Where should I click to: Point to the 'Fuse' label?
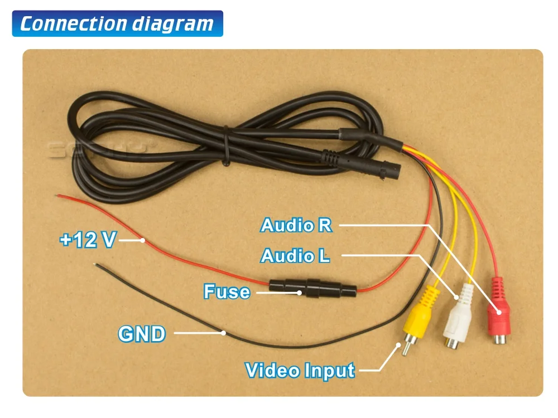pos(227,291)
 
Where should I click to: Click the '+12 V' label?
pos(88,240)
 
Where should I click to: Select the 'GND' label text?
pos(142,334)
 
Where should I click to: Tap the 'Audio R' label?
pos(296,225)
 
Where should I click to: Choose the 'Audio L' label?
pos(295,256)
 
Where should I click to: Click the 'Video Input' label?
pos(300,370)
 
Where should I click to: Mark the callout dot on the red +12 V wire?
pos(143,241)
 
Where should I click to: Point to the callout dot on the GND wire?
pos(223,333)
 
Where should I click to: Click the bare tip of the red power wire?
pos(57,195)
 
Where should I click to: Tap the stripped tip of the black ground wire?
pos(97,265)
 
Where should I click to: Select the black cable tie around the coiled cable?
pos(225,146)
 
